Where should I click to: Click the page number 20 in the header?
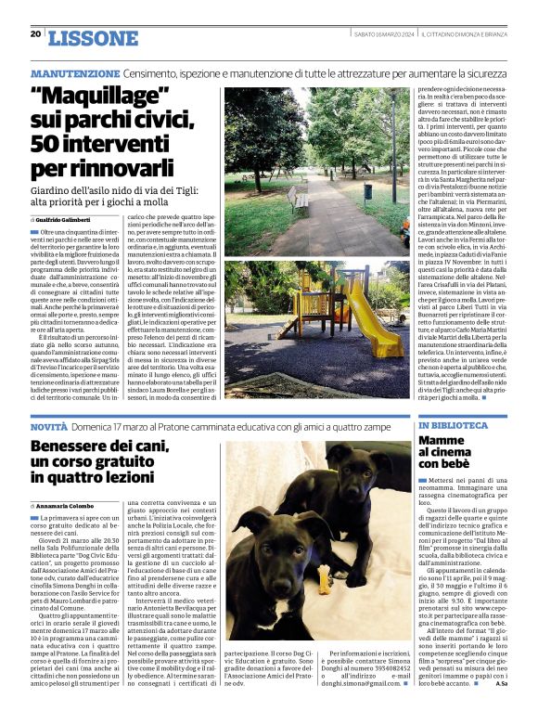(35, 33)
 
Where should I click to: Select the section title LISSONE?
(92, 38)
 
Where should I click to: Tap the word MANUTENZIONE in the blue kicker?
(75, 73)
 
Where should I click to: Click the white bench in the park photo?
(299, 198)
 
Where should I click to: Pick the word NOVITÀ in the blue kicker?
(48, 425)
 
